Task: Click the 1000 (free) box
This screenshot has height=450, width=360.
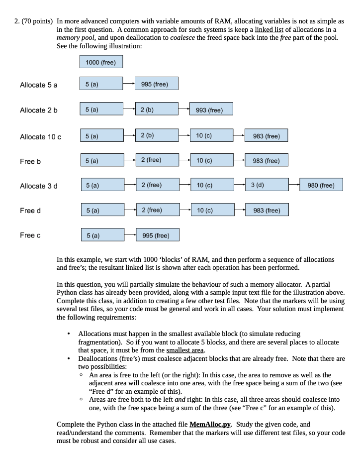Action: [101, 62]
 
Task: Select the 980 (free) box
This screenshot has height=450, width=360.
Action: [321, 186]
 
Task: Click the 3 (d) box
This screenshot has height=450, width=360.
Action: [266, 186]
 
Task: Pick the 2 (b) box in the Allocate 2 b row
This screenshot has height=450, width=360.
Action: [156, 110]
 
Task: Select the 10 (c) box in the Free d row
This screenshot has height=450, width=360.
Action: [211, 210]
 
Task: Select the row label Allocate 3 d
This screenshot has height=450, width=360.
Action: [39, 186]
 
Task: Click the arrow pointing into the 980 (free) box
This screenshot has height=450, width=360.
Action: [294, 186]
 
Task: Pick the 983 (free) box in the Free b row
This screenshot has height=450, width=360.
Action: [266, 161]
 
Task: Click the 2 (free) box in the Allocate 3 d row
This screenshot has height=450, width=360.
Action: [156, 186]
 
